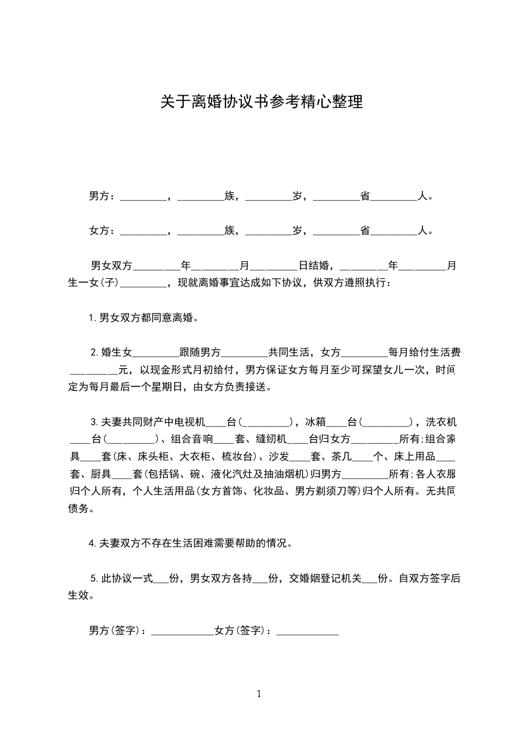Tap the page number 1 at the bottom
tap(259, 694)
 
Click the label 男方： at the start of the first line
tap(102, 195)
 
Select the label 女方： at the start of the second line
tap(102, 230)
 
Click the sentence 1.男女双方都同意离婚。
tap(143, 318)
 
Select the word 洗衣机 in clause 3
tap(440, 421)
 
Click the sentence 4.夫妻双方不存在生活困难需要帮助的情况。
tap(194, 543)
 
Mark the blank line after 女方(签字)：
tap(308, 631)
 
